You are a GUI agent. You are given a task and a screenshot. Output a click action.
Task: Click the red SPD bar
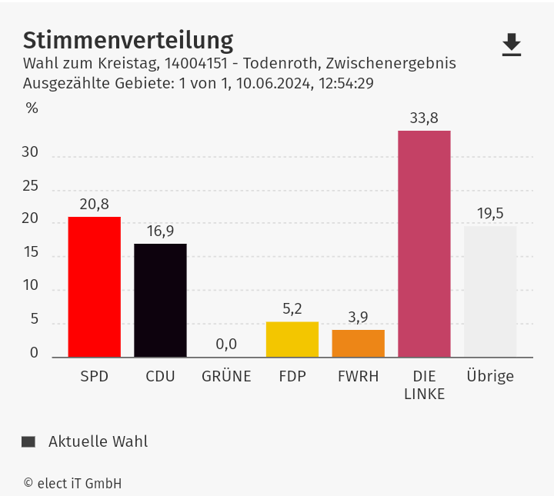click(94, 287)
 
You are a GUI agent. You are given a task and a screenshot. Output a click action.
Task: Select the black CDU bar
click(160, 300)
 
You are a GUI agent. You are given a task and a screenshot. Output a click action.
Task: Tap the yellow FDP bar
click(292, 339)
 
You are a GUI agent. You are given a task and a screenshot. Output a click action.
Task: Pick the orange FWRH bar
click(358, 343)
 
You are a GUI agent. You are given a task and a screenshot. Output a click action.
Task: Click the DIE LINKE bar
click(424, 244)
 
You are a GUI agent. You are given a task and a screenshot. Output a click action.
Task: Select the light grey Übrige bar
click(490, 291)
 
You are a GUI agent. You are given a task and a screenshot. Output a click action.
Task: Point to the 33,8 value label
click(424, 118)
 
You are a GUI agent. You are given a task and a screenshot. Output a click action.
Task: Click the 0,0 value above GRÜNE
click(226, 344)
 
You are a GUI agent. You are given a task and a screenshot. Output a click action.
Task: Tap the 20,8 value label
click(94, 204)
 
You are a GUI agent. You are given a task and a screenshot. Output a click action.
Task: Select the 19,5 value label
click(490, 213)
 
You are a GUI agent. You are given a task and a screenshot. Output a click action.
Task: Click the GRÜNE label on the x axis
click(226, 377)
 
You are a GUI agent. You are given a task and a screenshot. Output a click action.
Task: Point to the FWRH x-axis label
click(358, 377)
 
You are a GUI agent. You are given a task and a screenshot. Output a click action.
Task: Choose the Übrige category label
click(490, 377)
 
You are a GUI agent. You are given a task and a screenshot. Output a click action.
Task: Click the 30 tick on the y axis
click(30, 152)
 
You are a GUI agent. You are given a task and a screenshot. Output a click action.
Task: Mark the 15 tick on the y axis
click(30, 252)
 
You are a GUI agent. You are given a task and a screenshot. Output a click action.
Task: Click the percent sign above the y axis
click(32, 108)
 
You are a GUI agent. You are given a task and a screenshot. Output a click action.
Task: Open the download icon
click(512, 45)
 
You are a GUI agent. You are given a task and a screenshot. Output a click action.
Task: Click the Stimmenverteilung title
click(128, 40)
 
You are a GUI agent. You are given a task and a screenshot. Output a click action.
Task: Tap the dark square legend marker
click(28, 441)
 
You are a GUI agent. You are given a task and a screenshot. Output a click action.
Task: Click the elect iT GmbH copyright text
click(72, 484)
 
